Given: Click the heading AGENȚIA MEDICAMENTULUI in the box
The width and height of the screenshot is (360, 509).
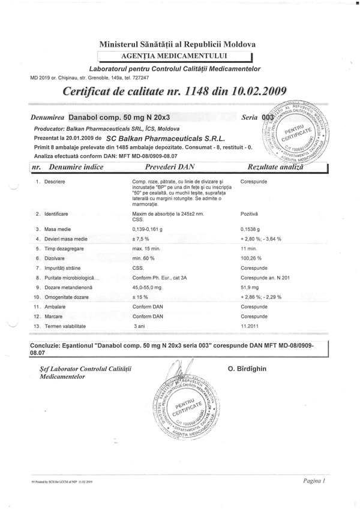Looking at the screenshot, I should pos(177,56).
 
